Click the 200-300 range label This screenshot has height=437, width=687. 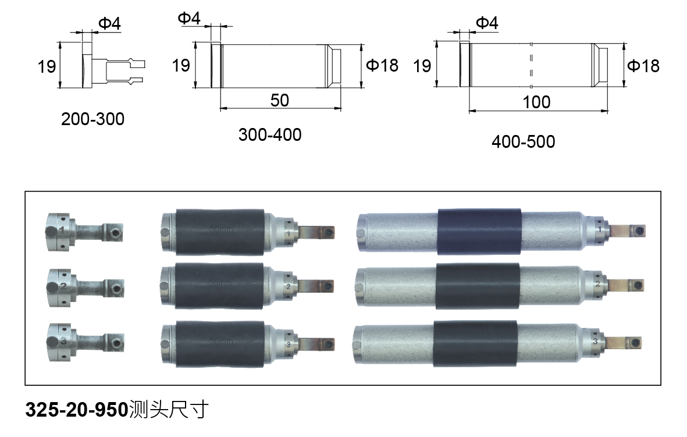92,119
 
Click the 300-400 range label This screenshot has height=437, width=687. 270,135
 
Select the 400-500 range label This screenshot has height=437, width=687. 523,141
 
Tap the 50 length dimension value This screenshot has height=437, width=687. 279,100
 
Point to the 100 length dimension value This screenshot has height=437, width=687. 536,102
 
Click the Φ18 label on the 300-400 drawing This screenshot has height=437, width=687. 382,65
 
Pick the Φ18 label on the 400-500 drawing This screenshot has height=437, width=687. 643,66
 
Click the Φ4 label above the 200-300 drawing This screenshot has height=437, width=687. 109,24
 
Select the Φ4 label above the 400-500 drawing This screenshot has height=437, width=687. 487,23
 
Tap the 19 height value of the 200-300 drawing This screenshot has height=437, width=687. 47,67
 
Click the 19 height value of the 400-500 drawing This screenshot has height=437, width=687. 422,66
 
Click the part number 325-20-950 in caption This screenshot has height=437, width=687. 76,410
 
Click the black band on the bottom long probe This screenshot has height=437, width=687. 475,343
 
